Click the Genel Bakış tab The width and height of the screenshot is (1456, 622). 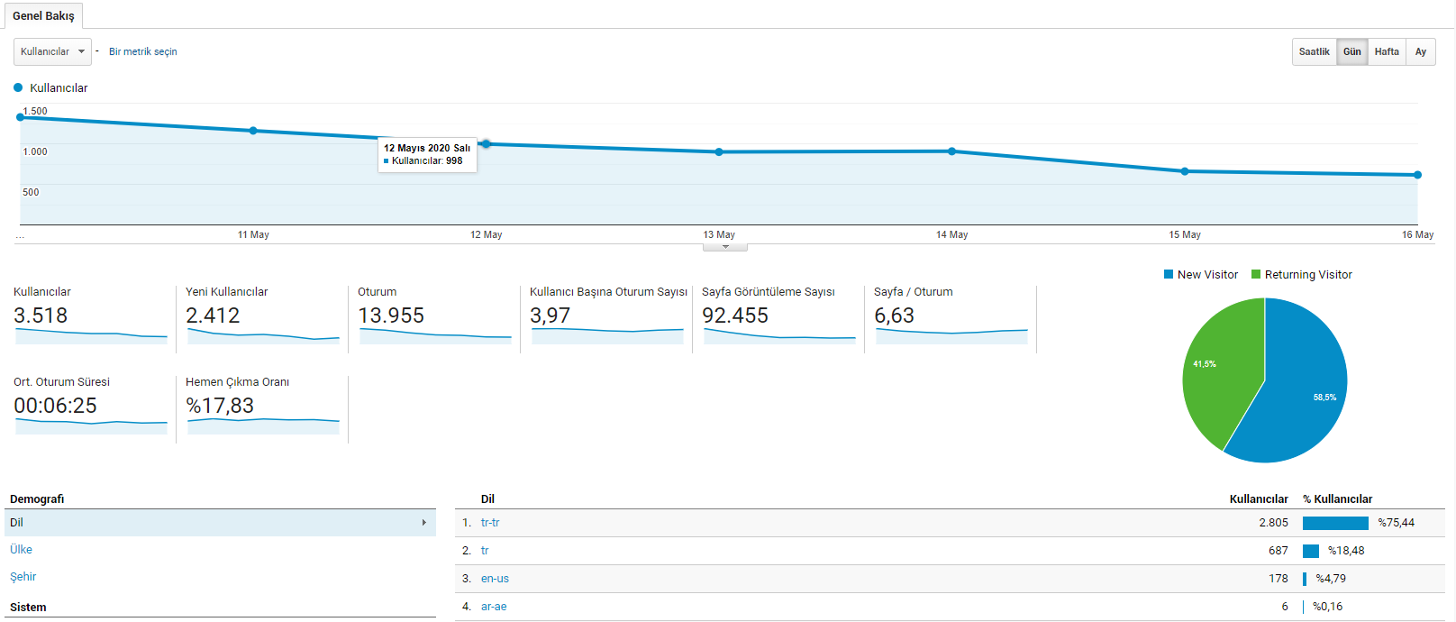coord(43,15)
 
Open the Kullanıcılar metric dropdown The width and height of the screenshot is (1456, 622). coord(52,51)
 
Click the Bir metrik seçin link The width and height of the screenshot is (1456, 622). coord(143,51)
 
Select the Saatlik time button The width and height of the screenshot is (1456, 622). coord(1315,51)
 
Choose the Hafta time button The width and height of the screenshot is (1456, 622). coord(1387,51)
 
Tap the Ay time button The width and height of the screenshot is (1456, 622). coord(1421,51)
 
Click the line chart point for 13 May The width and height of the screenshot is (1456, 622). coord(719,151)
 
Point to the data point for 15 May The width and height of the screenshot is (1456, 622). coord(1185,172)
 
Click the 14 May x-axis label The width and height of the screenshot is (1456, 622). coord(951,234)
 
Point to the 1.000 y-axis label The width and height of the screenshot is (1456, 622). coord(35,151)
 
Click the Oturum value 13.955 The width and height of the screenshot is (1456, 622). coord(391,316)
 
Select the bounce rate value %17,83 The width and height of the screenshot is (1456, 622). coord(220,406)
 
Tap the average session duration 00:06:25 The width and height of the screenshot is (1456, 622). coord(55,406)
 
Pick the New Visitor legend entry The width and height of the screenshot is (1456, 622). coord(1200,275)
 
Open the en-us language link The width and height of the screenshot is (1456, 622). coord(495,579)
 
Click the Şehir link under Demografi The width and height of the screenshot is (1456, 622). coord(23,576)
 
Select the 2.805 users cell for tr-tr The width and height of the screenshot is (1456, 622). coord(1273,523)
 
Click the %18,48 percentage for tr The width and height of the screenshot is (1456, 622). coord(1346,551)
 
